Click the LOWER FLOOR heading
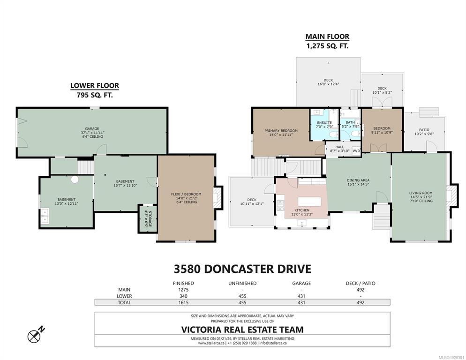[95, 86]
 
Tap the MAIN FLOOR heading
[327, 37]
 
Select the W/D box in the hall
[356, 150]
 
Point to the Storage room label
[148, 219]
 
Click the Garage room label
[92, 133]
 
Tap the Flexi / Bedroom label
[186, 198]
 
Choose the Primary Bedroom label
[281, 133]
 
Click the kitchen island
[309, 202]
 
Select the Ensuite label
[324, 125]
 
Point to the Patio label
[424, 132]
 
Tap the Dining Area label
[358, 182]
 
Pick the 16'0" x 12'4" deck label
[328, 82]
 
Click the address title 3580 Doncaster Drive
[242, 269]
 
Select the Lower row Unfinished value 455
[242, 296]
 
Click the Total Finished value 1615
[183, 303]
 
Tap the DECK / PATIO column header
[361, 283]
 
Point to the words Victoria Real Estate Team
[242, 330]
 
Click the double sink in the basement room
[45, 216]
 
